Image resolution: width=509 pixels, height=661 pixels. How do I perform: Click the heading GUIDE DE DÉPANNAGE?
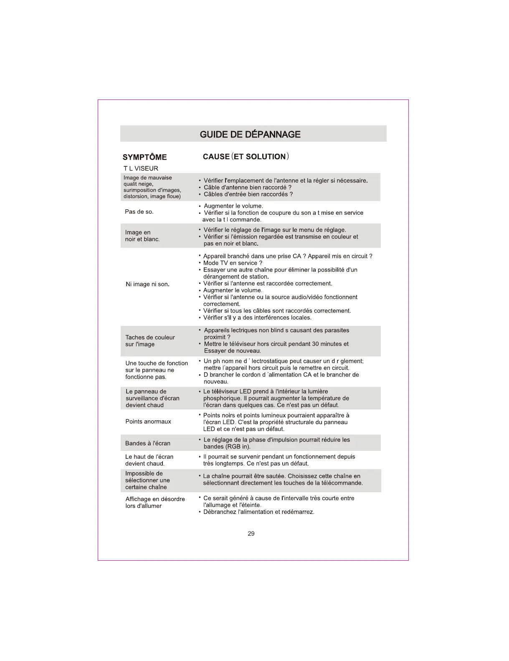(250, 135)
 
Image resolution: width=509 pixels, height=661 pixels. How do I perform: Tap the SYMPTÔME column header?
(144, 157)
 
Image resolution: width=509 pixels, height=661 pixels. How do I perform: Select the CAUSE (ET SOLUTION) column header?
(246, 157)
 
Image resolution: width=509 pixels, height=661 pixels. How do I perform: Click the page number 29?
(251, 534)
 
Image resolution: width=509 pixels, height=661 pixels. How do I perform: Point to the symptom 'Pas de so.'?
(139, 212)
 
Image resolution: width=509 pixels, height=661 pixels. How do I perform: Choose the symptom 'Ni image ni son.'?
(147, 284)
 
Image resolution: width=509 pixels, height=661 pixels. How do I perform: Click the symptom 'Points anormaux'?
(148, 422)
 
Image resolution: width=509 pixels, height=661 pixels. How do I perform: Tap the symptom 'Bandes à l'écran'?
(148, 443)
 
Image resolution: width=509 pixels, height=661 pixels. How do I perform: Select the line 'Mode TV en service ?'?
(233, 263)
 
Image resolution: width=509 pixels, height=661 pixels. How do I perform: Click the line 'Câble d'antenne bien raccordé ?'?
(248, 187)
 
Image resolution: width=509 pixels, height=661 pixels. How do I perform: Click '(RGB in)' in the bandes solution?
(238, 447)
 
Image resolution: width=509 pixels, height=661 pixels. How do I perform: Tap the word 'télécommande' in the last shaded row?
(341, 483)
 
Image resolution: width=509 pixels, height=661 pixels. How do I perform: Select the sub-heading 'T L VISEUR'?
(141, 168)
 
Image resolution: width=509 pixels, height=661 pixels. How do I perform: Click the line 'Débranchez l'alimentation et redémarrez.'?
(258, 512)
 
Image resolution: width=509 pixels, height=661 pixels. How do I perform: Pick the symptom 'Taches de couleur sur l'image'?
(150, 341)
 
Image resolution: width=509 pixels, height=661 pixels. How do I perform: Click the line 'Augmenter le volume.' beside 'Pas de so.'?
(233, 206)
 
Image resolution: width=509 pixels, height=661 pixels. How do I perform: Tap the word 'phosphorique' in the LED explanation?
(222, 398)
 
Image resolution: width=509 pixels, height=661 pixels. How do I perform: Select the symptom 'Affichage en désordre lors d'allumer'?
(155, 502)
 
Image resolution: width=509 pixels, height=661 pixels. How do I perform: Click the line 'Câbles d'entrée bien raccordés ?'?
(248, 194)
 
